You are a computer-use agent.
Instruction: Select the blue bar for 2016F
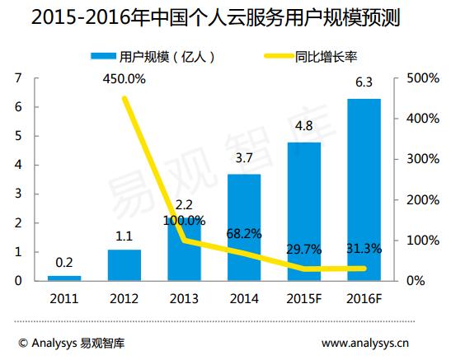coord(364,189)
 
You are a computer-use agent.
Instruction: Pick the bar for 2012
coord(124,264)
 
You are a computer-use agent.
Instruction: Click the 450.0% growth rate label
coord(124,79)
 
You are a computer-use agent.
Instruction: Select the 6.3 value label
coord(364,82)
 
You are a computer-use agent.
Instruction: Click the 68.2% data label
coord(244,235)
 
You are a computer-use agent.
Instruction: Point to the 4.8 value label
coord(304,126)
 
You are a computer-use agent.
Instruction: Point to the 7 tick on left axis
coord(17,78)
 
